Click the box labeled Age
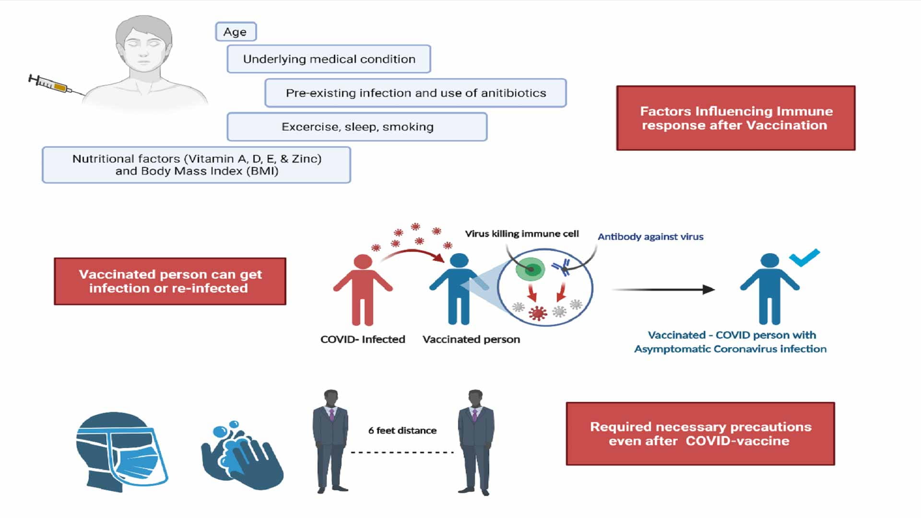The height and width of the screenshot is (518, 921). pyautogui.click(x=236, y=32)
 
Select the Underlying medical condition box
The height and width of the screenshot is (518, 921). pyautogui.click(x=329, y=59)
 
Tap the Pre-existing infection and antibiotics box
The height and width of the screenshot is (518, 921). pyautogui.click(x=415, y=93)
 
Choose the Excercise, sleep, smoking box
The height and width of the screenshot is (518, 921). pyautogui.click(x=357, y=127)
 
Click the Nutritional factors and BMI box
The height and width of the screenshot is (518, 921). pyautogui.click(x=196, y=165)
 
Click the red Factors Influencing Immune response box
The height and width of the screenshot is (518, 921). pyautogui.click(x=735, y=118)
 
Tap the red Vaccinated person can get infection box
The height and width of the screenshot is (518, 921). pyautogui.click(x=170, y=282)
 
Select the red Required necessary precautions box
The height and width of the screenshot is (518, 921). pyautogui.click(x=700, y=434)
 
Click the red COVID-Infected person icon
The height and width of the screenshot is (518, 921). pyautogui.click(x=363, y=290)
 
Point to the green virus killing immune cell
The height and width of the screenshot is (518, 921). pyautogui.click(x=530, y=269)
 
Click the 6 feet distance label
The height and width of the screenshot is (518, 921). pyautogui.click(x=402, y=431)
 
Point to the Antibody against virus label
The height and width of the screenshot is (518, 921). pyautogui.click(x=650, y=236)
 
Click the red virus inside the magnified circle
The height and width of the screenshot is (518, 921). pyautogui.click(x=538, y=313)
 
